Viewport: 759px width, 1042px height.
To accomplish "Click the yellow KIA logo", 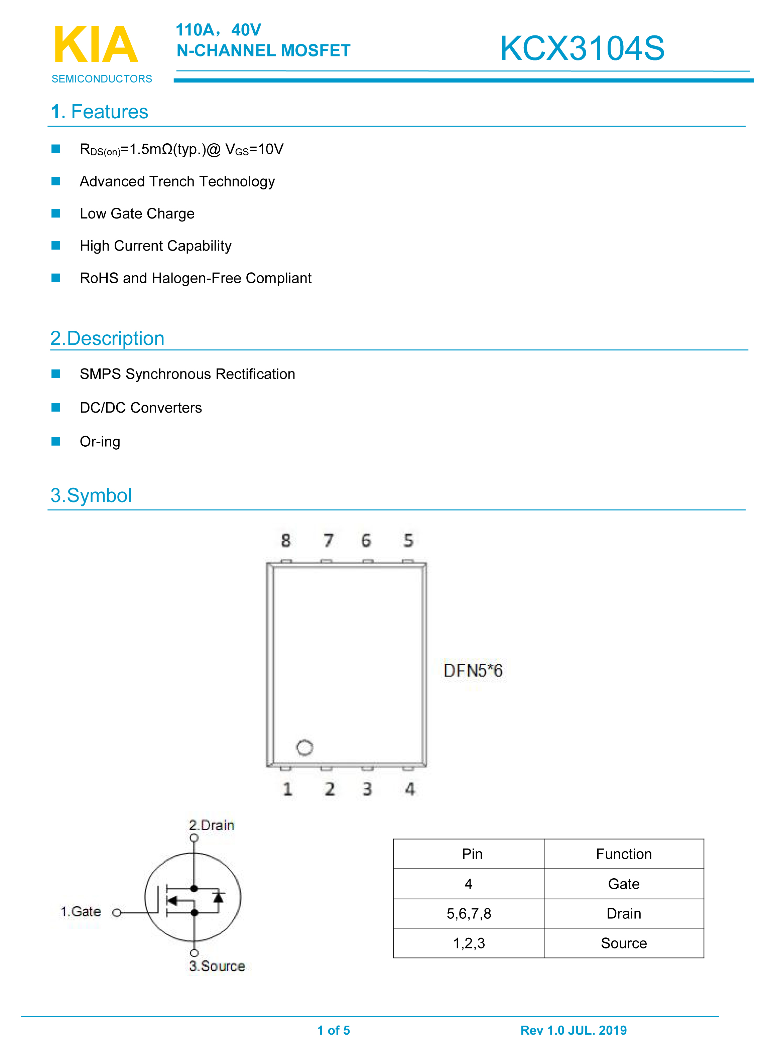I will (96, 44).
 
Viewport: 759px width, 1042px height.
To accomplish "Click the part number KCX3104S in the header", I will (582, 48).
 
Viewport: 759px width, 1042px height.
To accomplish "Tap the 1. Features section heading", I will (100, 112).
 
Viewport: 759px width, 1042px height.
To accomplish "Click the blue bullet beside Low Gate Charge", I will (55, 213).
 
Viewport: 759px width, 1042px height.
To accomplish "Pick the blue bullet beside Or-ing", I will (55, 441).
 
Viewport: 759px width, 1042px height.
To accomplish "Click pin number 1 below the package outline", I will (287, 789).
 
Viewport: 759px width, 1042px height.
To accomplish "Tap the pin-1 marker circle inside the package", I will (304, 747).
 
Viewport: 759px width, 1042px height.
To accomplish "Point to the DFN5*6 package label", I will (473, 670).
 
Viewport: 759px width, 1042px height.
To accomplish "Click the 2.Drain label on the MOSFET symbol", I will (212, 825).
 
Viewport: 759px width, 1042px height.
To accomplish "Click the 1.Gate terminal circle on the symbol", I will (117, 912).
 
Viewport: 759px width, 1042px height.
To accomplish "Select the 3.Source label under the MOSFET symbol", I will (217, 966).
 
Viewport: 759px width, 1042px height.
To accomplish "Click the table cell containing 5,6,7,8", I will (469, 913).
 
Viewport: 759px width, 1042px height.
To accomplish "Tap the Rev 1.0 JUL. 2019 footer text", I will (573, 1030).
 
